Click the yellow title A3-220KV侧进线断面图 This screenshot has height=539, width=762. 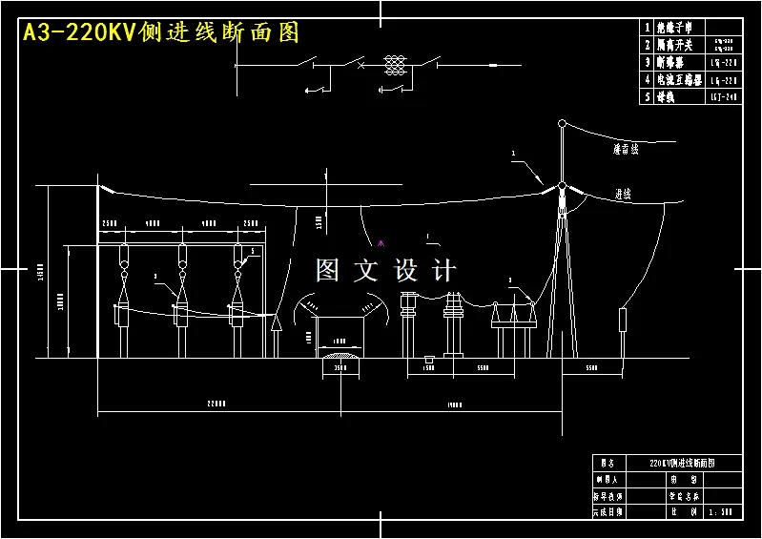(x=160, y=33)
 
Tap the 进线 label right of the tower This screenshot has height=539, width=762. (x=623, y=194)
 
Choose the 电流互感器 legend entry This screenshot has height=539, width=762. (x=680, y=80)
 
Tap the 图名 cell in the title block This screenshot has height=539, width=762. (x=607, y=463)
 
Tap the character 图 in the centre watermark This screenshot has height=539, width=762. (x=328, y=271)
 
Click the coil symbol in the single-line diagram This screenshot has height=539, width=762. (x=394, y=65)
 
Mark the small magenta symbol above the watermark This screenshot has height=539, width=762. (x=381, y=242)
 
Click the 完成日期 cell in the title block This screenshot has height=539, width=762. (x=607, y=511)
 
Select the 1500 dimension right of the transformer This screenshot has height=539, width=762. (x=429, y=367)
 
